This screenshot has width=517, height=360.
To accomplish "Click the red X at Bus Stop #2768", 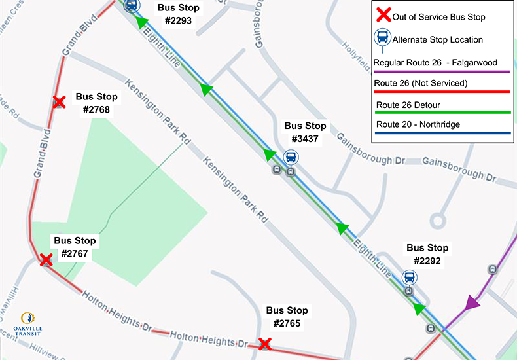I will [60, 102].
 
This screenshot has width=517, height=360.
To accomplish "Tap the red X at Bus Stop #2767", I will [46, 260].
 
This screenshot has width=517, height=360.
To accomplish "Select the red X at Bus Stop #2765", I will [264, 344].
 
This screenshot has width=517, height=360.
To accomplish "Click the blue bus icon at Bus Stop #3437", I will [291, 157].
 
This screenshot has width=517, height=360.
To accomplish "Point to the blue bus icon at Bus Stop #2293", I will [131, 5].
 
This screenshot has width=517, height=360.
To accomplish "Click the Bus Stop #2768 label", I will [96, 103].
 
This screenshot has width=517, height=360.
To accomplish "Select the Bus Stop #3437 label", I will [305, 132].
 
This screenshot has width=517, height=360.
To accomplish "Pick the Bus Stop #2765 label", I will [287, 317].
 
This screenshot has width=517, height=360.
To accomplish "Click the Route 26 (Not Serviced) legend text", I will [420, 83].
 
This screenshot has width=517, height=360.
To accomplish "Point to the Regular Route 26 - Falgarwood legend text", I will [438, 62].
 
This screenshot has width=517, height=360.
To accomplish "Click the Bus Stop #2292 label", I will [427, 254].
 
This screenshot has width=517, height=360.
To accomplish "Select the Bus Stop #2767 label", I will [75, 247].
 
